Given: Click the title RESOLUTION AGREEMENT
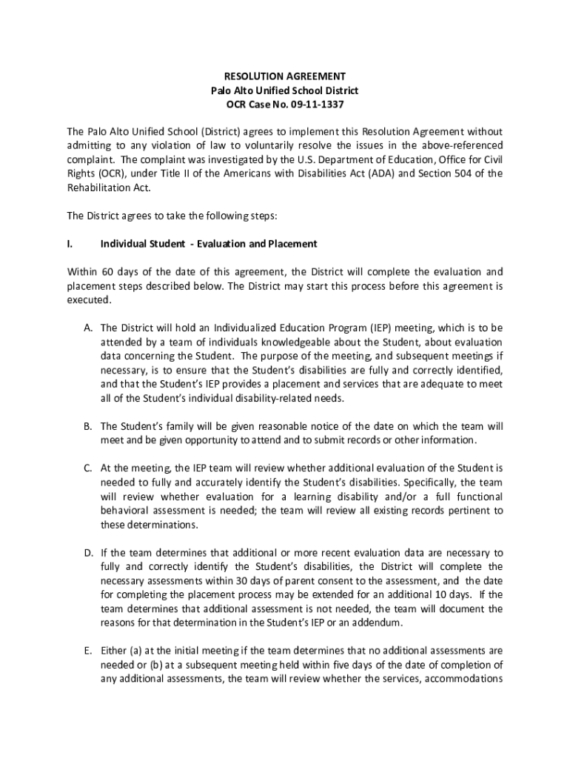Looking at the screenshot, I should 285,76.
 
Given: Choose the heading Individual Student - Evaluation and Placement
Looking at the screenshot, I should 209,244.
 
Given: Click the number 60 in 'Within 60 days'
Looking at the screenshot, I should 109,271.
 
